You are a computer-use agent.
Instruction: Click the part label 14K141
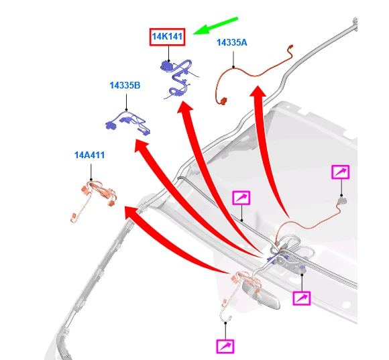pyautogui.click(x=167, y=37)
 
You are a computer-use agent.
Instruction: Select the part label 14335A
pyautogui.click(x=232, y=42)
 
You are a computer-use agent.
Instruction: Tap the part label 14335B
pyautogui.click(x=125, y=85)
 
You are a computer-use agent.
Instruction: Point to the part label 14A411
pyautogui.click(x=89, y=156)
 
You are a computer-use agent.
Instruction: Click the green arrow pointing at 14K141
pyautogui.click(x=215, y=25)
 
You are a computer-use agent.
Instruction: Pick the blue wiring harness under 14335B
pyautogui.click(x=127, y=123)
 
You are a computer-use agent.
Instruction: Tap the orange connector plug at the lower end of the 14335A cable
pyautogui.click(x=223, y=101)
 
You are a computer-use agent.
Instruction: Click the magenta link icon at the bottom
pyautogui.click(x=225, y=346)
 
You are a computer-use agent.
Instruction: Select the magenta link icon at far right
pyautogui.click(x=341, y=172)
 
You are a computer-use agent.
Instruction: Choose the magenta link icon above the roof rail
pyautogui.click(x=241, y=198)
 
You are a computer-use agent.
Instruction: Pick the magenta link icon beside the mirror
pyautogui.click(x=301, y=298)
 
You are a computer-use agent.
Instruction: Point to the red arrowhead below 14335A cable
pyautogui.click(x=258, y=92)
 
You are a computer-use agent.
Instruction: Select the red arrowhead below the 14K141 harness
pyautogui.click(x=185, y=107)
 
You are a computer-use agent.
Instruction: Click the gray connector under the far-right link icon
pyautogui.click(x=342, y=200)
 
